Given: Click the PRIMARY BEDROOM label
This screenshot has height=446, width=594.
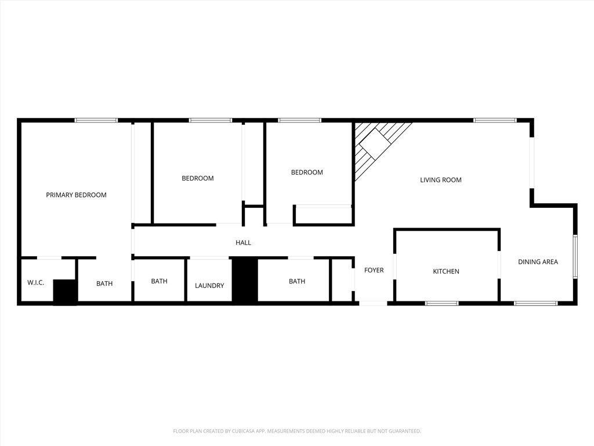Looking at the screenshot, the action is tap(76, 195).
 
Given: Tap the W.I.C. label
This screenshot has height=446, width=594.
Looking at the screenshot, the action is tap(35, 283).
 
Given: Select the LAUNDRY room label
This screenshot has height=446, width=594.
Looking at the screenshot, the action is tap(209, 286).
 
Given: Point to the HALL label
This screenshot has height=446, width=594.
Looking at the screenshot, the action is tap(243, 243).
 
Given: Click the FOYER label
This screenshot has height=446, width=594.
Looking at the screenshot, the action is tap(374, 270).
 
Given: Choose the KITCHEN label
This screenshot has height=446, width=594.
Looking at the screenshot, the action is tap(446, 271).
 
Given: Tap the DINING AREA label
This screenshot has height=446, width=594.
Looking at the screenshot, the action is tap(538, 262).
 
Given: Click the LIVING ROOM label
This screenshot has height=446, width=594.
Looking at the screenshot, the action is tap(441, 180).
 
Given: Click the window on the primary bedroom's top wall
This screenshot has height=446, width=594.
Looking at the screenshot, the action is tap(96, 120).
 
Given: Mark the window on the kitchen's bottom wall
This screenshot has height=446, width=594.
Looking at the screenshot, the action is tap(441, 303).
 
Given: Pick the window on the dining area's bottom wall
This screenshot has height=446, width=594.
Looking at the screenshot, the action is tap(535, 303).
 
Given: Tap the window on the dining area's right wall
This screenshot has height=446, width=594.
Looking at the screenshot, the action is tap(575, 257).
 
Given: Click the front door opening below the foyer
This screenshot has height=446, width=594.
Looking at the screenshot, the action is tap(373, 303).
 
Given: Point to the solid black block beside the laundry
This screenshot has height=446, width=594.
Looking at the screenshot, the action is tap(245, 279).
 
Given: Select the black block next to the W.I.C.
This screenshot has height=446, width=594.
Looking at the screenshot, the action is tap(65, 292).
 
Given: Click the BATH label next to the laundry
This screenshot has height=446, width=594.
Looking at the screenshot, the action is tap(159, 281).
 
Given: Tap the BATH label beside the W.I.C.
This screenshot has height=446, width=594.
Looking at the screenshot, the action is tap(104, 283).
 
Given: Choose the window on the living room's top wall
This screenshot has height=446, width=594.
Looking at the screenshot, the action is tap(495, 120).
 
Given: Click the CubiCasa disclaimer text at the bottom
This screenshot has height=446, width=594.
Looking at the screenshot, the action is tap(297, 431).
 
